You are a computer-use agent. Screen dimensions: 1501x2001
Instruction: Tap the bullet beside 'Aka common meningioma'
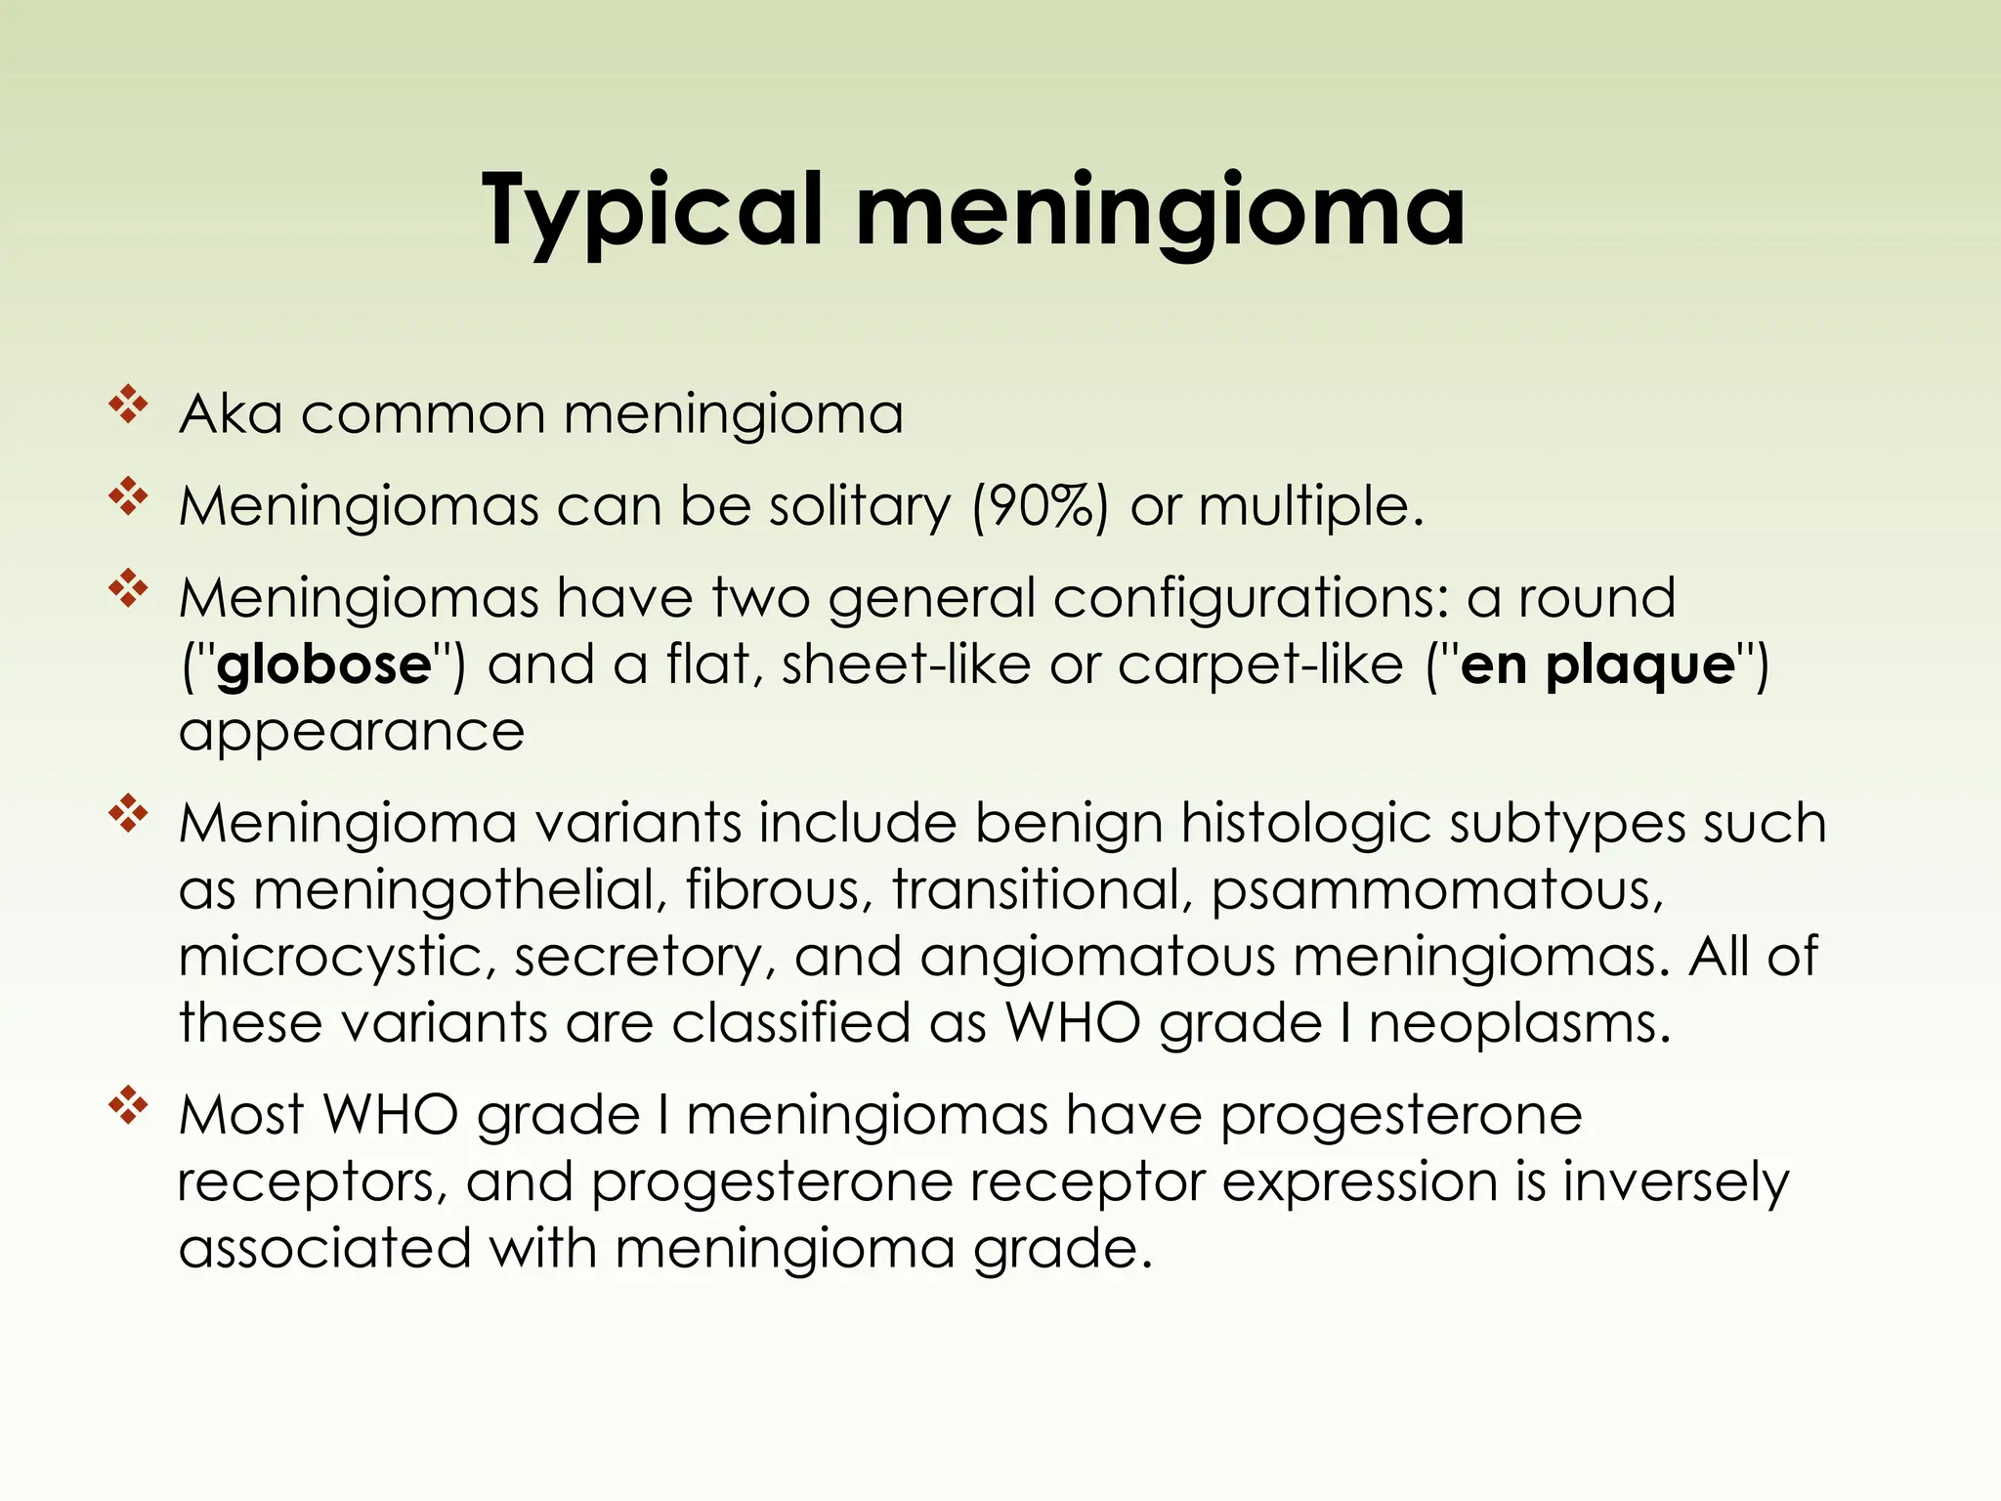(x=128, y=405)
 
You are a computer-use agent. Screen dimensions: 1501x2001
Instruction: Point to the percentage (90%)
(x=1040, y=506)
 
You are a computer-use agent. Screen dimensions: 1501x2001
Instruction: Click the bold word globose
(x=323, y=665)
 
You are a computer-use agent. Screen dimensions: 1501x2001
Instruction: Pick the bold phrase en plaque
(x=1597, y=665)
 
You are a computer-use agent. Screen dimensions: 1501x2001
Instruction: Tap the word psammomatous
(x=1436, y=890)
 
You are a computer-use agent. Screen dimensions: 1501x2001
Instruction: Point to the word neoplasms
(x=1518, y=1023)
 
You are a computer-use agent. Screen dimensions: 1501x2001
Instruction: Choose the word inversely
(x=1676, y=1181)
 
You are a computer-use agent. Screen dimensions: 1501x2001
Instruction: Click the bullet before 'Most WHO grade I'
(x=128, y=1106)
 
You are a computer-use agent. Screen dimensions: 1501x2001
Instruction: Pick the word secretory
(x=636, y=957)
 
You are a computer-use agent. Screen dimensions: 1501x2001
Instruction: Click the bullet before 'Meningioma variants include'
(x=128, y=814)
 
